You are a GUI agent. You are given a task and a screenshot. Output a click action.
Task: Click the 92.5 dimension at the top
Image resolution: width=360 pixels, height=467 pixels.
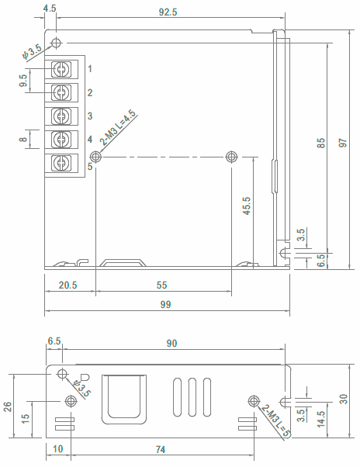[x=168, y=12]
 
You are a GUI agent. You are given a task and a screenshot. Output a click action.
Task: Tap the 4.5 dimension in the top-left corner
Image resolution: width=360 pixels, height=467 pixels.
[x=50, y=8]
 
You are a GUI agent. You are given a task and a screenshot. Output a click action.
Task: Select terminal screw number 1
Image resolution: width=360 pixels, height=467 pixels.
[x=61, y=69]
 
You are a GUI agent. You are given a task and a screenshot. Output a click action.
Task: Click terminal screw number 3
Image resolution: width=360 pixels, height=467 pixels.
[x=61, y=116]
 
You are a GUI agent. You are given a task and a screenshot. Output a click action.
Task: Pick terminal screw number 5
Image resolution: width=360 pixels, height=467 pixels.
[x=61, y=163]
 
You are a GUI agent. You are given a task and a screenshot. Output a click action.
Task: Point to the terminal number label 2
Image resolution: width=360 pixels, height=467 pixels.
[x=90, y=92]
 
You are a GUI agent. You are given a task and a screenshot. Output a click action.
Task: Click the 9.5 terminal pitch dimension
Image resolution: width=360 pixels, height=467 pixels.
[x=23, y=81]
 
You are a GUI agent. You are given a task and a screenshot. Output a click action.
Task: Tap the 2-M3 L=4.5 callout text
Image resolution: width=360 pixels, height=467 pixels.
[x=118, y=127]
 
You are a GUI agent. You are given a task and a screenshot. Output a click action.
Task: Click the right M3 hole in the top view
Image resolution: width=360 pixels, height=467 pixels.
[x=232, y=157]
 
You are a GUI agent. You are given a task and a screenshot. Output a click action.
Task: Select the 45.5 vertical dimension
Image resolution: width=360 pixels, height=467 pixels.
[x=247, y=206]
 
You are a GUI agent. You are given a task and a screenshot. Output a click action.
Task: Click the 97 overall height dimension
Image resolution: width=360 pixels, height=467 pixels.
[x=343, y=143]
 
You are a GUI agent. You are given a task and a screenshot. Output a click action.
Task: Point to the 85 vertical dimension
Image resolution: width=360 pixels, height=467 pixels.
[x=320, y=143]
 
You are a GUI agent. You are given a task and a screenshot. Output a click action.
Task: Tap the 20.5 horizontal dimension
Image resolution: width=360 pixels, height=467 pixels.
[x=68, y=285]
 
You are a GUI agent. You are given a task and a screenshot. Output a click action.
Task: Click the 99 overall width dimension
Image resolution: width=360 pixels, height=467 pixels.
[x=165, y=304]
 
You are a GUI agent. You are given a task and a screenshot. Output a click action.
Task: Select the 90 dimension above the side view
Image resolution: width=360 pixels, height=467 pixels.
[x=171, y=344]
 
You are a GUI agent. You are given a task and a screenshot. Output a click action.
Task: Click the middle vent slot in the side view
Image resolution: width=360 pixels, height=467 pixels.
[x=192, y=397]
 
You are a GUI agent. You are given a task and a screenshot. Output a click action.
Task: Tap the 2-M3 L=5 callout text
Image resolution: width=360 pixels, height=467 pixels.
[x=275, y=420]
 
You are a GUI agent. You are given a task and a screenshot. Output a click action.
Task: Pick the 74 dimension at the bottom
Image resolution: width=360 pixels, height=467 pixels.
[x=161, y=449]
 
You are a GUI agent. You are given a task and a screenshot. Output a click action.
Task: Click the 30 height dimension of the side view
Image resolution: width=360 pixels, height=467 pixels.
[x=344, y=399]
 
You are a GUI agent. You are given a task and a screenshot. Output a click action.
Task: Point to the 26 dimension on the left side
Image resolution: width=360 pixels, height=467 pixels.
[x=7, y=406]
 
